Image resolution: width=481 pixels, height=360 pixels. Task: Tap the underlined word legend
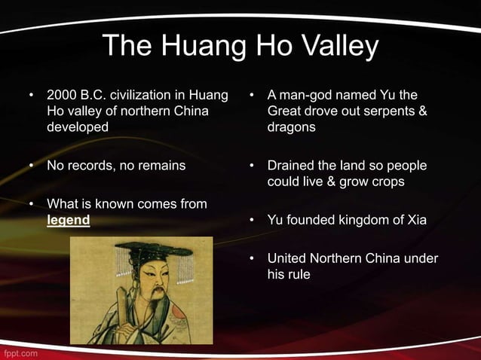pyautogui.click(x=69, y=221)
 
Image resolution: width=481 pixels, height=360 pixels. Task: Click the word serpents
pyautogui.click(x=382, y=112)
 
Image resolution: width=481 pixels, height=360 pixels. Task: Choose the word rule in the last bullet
pyautogui.click(x=299, y=275)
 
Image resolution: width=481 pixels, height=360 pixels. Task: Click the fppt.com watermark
pyautogui.click(x=20, y=352)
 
